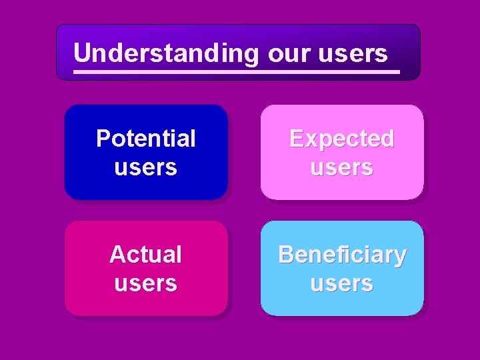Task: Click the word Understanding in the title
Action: tap(165, 53)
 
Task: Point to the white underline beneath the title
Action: tap(237, 71)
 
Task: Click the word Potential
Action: tap(146, 139)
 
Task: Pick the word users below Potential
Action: tap(145, 167)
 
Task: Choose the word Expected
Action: tap(341, 139)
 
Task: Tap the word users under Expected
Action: tap(341, 167)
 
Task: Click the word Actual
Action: tap(145, 254)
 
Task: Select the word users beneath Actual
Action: tap(145, 283)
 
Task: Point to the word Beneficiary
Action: tap(342, 254)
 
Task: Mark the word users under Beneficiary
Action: tap(341, 283)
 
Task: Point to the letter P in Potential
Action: tap(103, 139)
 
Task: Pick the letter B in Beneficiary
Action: tap(285, 254)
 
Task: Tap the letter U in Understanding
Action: tap(82, 52)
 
